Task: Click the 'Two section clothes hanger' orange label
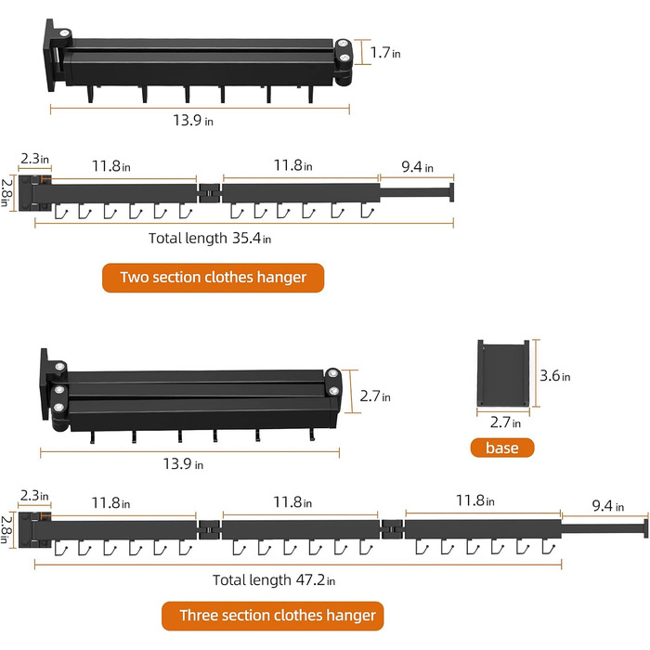pos(213,278)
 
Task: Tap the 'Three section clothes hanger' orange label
pos(272,616)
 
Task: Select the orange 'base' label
pos(502,448)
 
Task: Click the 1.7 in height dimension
pos(385,53)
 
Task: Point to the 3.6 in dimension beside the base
pos(554,375)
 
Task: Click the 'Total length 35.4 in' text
pos(210,239)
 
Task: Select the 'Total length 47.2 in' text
pos(274,580)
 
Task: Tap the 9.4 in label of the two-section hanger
pos(417,167)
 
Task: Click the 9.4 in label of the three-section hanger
pos(607,506)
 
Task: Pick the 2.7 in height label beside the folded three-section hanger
pos(375,396)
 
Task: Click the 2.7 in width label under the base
pos(505,422)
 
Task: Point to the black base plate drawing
pos(503,373)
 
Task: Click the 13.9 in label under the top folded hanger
pos(193,121)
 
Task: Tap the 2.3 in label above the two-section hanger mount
pos(35,159)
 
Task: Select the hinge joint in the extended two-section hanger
pos(209,193)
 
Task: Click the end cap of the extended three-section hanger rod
pos(645,528)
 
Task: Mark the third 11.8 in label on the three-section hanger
pos(475,500)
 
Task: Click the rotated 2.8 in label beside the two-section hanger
pos(6,193)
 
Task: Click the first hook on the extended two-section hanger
pos(61,211)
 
